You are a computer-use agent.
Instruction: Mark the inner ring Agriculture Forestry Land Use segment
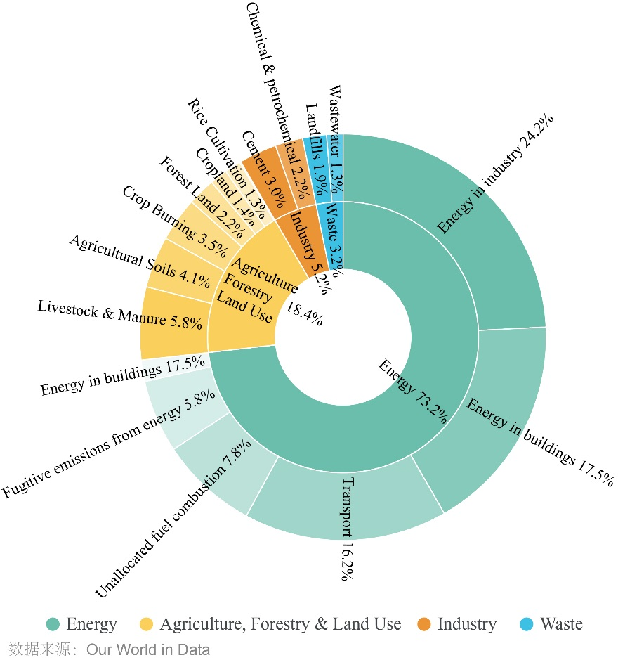tap(246, 295)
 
